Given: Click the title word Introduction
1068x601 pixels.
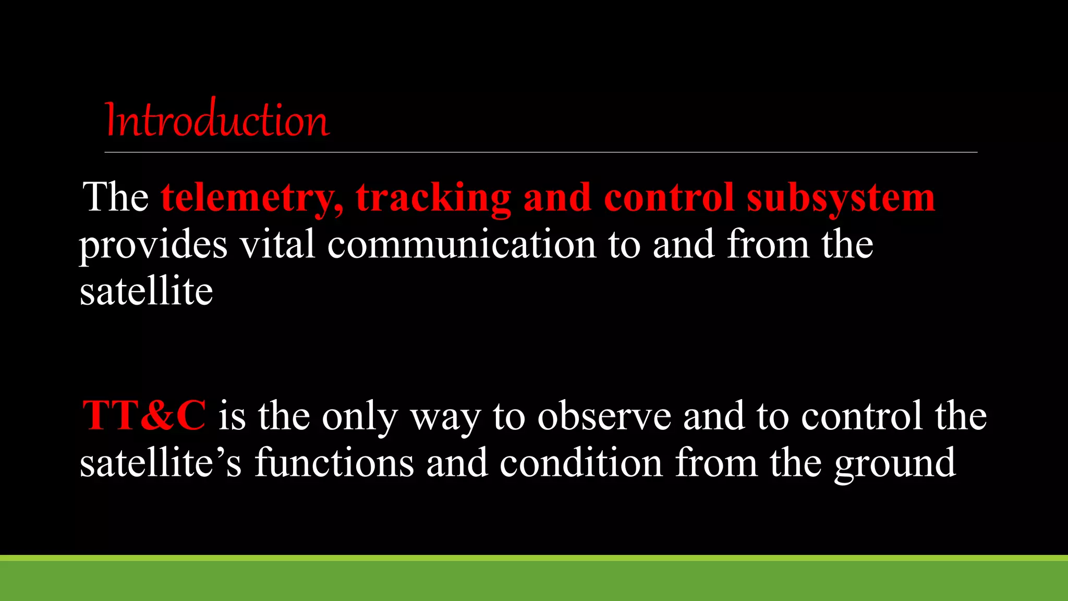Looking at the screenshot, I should pos(217,119).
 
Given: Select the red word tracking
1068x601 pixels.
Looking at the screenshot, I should pos(433,198).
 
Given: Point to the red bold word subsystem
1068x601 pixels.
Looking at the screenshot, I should pos(841,198).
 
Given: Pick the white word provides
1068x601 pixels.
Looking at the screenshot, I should pos(153,245).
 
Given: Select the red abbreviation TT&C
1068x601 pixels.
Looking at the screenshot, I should pos(144,416).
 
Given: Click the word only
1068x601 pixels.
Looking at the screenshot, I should pos(360,417).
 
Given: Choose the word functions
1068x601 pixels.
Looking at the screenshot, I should pos(334,463).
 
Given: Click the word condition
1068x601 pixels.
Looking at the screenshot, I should pos(581,463).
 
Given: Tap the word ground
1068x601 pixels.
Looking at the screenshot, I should pos(895,464).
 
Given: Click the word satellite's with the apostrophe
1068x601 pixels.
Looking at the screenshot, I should pos(161,463).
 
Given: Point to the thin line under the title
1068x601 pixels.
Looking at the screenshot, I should pos(540,152).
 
